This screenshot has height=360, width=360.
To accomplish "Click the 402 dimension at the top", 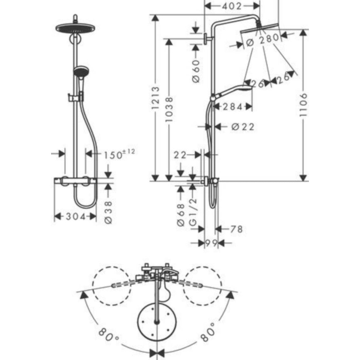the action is pyautogui.click(x=232, y=6).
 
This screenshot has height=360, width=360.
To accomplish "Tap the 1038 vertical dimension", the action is pyautogui.click(x=169, y=109).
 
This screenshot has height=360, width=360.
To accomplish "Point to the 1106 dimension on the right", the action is pyautogui.click(x=303, y=104).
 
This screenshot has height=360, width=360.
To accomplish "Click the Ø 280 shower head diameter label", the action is pyautogui.click(x=263, y=40).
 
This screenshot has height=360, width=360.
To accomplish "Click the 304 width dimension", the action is pyautogui.click(x=76, y=217).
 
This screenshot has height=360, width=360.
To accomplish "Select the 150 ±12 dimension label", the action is pyautogui.click(x=119, y=154).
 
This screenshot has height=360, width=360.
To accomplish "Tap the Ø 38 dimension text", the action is pyautogui.click(x=108, y=212).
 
